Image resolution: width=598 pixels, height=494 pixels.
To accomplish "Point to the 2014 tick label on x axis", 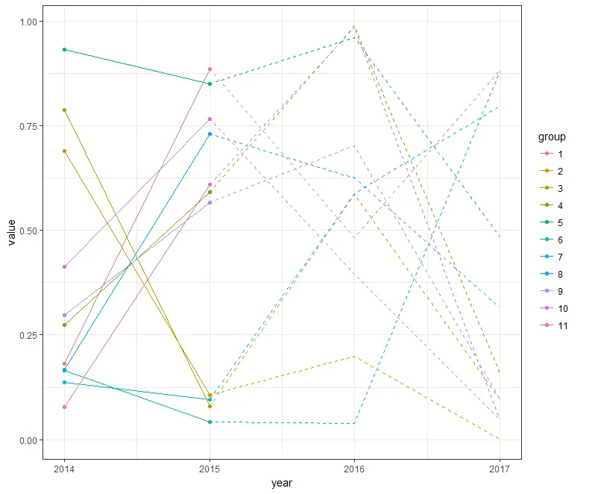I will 64,468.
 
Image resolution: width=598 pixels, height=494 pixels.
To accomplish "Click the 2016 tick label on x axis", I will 354,468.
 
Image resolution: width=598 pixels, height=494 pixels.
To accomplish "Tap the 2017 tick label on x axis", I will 499,468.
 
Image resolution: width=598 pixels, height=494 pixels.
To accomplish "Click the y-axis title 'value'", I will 11,231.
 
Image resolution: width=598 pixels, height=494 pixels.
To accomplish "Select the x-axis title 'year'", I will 282,484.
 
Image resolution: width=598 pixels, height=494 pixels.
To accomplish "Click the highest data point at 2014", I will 65,49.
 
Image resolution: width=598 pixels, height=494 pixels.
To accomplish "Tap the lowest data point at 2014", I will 65,407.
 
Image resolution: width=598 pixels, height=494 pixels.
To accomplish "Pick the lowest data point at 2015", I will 210,422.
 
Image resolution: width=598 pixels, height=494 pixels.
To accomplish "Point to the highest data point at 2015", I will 210,69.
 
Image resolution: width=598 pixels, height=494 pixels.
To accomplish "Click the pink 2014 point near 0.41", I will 65,266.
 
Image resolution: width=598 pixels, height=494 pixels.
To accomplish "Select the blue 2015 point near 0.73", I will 210,134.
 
